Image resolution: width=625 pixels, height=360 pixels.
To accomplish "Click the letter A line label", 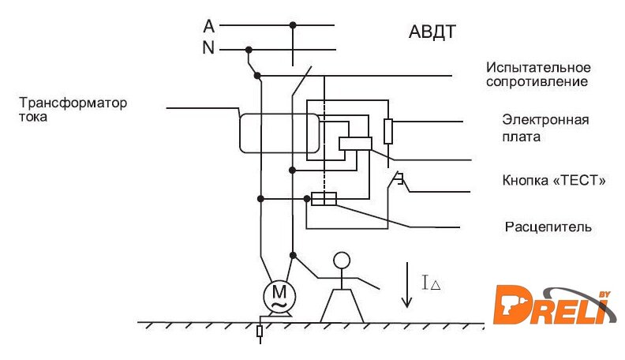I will click(208, 25).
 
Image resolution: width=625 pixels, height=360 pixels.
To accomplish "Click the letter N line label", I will click(208, 48).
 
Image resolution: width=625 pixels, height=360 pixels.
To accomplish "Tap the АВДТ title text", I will click(433, 32).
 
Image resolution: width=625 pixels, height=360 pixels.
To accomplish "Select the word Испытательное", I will click(538, 68).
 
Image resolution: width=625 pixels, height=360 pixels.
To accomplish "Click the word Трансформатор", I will click(73, 103).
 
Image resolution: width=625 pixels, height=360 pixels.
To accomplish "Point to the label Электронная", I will click(546, 120).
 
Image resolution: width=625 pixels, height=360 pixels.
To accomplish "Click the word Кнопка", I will click(526, 180).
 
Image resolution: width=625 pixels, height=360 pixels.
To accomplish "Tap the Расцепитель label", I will click(548, 227).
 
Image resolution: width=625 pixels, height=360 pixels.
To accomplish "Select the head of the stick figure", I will click(341, 260).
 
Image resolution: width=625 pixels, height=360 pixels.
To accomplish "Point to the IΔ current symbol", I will click(430, 283).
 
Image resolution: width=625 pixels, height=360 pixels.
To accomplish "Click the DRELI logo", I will click(554, 304).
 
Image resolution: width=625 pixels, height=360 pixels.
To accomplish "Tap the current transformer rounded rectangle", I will click(279, 133).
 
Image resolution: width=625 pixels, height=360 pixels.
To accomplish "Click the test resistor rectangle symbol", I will click(387, 131).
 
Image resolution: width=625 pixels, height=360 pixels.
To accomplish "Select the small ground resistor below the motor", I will click(260, 332).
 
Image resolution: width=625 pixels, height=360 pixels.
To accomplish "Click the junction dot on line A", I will click(293, 25).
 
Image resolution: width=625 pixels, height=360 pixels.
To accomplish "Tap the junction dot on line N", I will click(249, 49).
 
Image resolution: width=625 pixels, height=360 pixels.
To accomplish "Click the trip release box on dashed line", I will click(324, 199).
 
